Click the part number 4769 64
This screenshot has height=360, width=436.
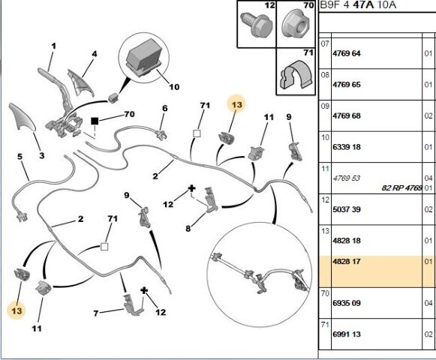(x=347, y=53)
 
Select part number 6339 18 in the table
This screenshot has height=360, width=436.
(x=347, y=147)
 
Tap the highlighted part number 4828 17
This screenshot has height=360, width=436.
(x=347, y=261)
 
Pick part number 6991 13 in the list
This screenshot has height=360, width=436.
(x=347, y=334)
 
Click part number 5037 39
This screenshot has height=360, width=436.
(x=347, y=209)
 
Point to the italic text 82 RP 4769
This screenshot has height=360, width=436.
(x=401, y=188)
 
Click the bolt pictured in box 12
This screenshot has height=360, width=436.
(x=256, y=25)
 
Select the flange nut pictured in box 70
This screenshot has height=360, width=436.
(x=296, y=22)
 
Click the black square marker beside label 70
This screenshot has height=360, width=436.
(x=95, y=121)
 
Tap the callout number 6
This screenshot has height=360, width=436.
(x=165, y=108)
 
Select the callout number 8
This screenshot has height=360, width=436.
(x=188, y=229)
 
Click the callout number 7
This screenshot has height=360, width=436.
(x=96, y=313)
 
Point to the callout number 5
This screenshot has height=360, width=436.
(x=20, y=157)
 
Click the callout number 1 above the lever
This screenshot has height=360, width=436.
(x=53, y=46)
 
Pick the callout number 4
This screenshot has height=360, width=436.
(x=95, y=54)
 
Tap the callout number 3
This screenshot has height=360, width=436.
(x=42, y=156)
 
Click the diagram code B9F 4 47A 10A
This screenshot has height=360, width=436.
(x=358, y=4)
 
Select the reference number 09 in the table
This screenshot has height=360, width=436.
(x=325, y=106)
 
